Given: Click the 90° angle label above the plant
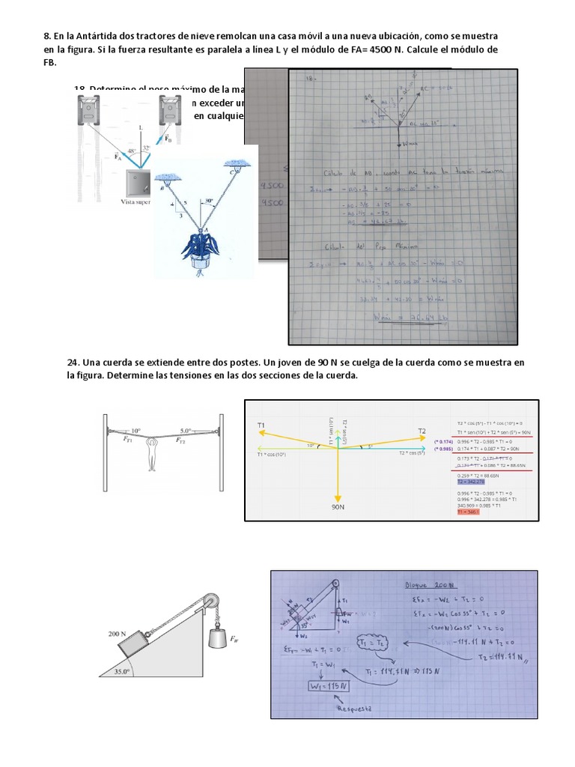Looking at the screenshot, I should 207,201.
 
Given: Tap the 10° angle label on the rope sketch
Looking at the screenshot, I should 135,431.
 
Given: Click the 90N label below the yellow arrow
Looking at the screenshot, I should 338,507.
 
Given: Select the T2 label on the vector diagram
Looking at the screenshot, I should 422,431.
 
